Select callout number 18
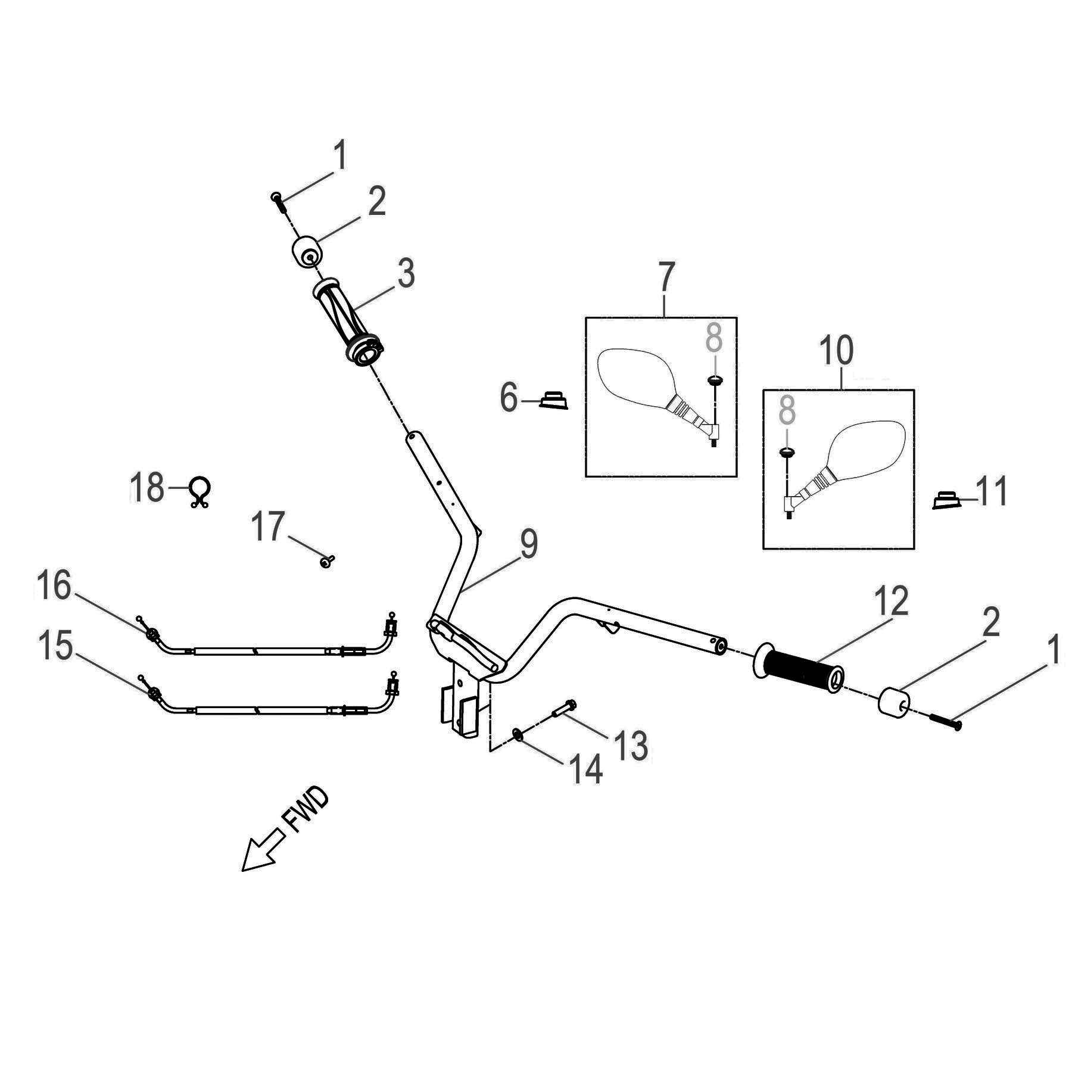point(147,488)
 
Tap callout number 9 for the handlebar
point(529,544)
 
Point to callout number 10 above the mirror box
point(837,351)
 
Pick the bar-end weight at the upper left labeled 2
point(308,253)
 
